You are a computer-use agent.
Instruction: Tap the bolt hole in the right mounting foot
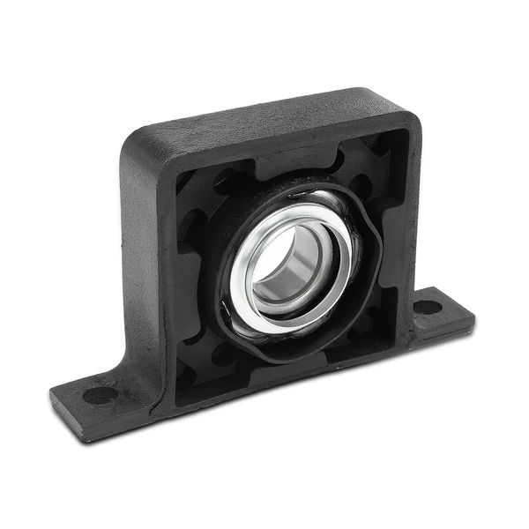point(427,308)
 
